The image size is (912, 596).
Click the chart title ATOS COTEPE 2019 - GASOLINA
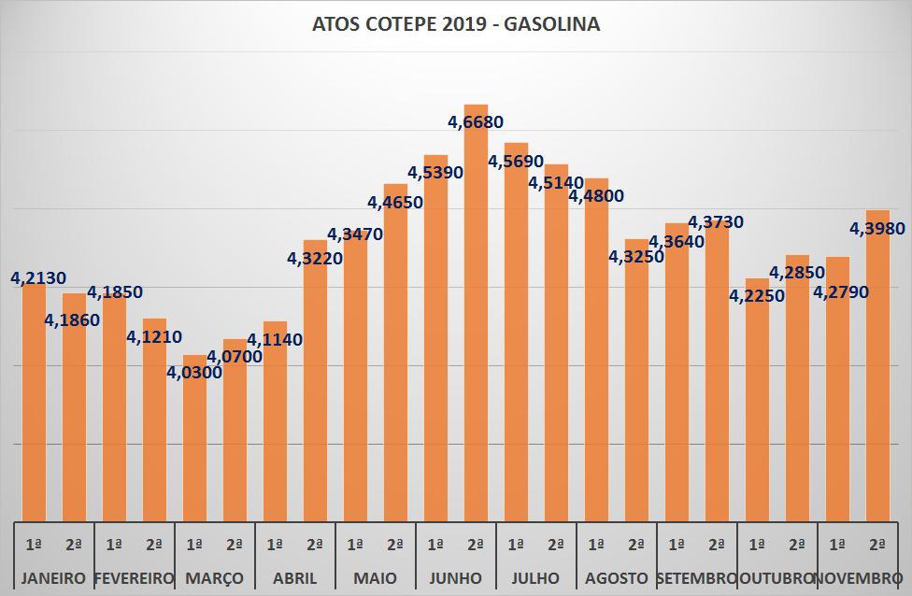coord(456,25)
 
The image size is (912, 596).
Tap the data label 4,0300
coord(194,373)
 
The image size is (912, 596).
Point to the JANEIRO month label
coord(53,577)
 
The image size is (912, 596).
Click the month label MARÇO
coord(214,577)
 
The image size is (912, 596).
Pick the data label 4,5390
coord(435,172)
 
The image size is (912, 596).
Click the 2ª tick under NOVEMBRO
coord(877,544)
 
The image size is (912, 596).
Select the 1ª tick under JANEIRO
coord(34,544)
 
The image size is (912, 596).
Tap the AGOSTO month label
coord(616,577)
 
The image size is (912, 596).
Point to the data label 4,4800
coord(596,196)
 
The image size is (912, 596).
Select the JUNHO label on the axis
coord(455,577)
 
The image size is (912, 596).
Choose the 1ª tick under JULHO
coord(516,544)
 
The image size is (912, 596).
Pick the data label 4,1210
coord(154,336)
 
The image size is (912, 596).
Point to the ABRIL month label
coord(294,577)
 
